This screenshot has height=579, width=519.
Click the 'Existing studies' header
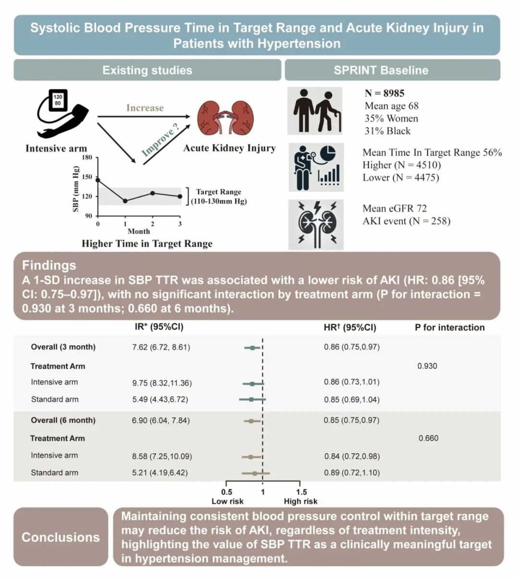click(147, 70)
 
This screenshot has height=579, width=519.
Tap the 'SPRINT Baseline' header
click(381, 70)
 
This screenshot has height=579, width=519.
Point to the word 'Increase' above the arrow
click(145, 108)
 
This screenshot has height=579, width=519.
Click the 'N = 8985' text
click(384, 93)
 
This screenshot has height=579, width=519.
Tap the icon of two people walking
click(315, 111)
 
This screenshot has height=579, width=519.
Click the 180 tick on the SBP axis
click(86, 157)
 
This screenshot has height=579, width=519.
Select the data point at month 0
click(98, 180)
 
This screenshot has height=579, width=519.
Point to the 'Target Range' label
click(218, 192)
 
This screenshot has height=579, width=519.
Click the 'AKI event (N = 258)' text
click(406, 221)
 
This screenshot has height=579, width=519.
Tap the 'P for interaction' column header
click(449, 328)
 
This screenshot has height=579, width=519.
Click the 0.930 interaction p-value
click(427, 366)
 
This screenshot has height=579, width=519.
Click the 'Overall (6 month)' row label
click(63, 420)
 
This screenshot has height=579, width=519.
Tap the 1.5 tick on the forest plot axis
click(301, 492)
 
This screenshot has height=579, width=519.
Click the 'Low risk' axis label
click(227, 501)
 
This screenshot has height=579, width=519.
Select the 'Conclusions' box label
click(61, 537)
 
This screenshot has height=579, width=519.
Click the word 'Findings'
click(49, 265)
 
